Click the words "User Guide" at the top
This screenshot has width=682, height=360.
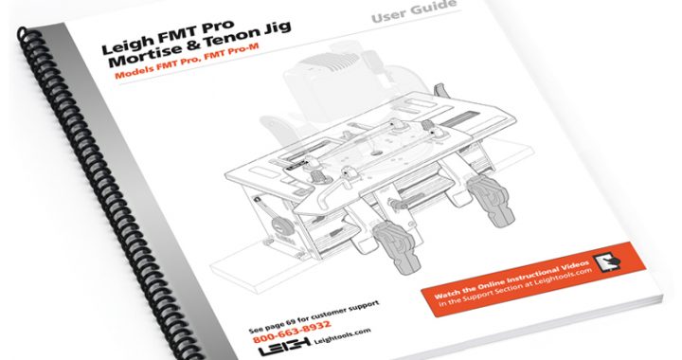tap(414, 11)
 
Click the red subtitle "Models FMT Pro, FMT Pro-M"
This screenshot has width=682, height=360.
tap(187, 61)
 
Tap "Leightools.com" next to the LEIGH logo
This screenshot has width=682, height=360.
tap(342, 335)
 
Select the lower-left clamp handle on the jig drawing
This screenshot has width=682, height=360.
tap(397, 246)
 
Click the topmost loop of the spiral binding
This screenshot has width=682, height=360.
tap(23, 32)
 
